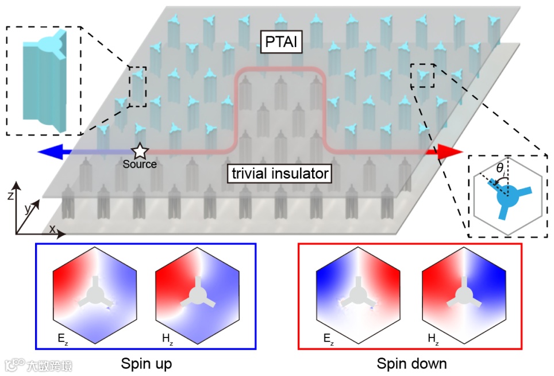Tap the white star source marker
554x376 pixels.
coord(140,152)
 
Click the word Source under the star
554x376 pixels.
coord(140,164)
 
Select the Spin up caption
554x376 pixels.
coord(146,363)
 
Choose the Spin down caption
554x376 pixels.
coord(411,363)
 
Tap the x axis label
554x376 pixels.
coord(52,229)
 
